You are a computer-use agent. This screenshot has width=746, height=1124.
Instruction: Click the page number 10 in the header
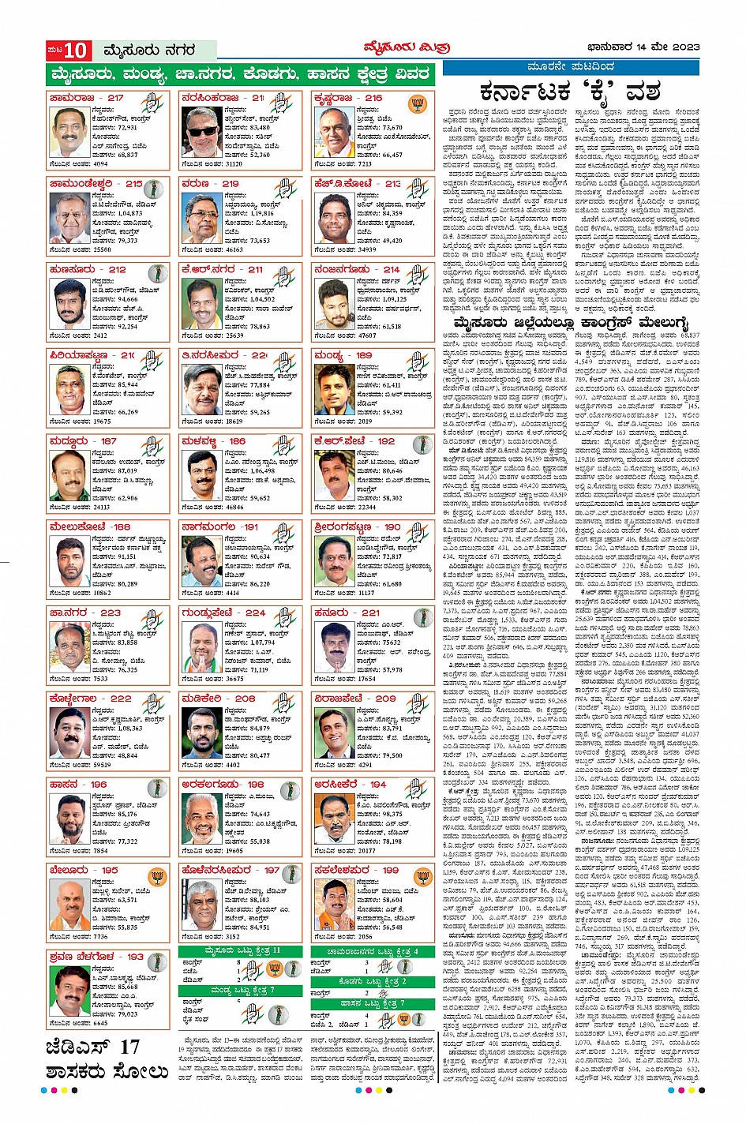coord(76,51)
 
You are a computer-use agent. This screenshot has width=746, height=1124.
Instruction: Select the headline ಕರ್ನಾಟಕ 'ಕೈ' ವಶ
coord(570,92)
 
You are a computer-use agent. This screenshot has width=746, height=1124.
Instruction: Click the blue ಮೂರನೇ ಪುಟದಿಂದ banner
coord(570,67)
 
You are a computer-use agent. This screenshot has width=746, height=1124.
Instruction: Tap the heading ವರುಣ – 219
coord(210,183)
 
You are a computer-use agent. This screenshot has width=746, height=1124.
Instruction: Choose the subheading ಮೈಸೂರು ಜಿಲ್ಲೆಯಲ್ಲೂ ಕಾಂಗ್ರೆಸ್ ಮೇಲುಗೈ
coord(571,323)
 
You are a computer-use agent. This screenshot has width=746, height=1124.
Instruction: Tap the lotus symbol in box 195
coord(157,875)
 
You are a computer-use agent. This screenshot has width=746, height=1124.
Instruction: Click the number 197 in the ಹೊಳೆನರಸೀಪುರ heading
coord(272,870)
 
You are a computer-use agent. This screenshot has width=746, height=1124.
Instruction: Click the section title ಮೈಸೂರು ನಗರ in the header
coord(150,51)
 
